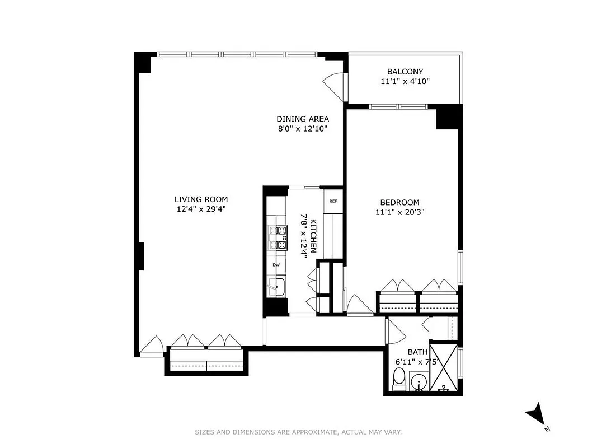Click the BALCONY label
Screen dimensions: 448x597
point(405,72)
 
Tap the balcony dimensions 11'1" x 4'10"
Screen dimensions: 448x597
point(405,82)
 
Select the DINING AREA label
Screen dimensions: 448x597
point(303,119)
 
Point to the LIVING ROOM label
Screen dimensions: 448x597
point(201,199)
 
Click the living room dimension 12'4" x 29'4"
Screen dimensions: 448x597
point(201,209)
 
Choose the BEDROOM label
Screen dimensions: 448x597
point(399,203)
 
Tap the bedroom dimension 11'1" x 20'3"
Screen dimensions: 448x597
point(399,212)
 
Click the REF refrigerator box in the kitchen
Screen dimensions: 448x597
point(333,202)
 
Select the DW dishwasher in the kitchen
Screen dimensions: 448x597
point(276,265)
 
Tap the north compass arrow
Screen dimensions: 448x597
point(536,414)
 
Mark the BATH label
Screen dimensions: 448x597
point(417,352)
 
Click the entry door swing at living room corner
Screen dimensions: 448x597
point(151,346)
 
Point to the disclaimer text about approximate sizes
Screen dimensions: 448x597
point(298,432)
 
